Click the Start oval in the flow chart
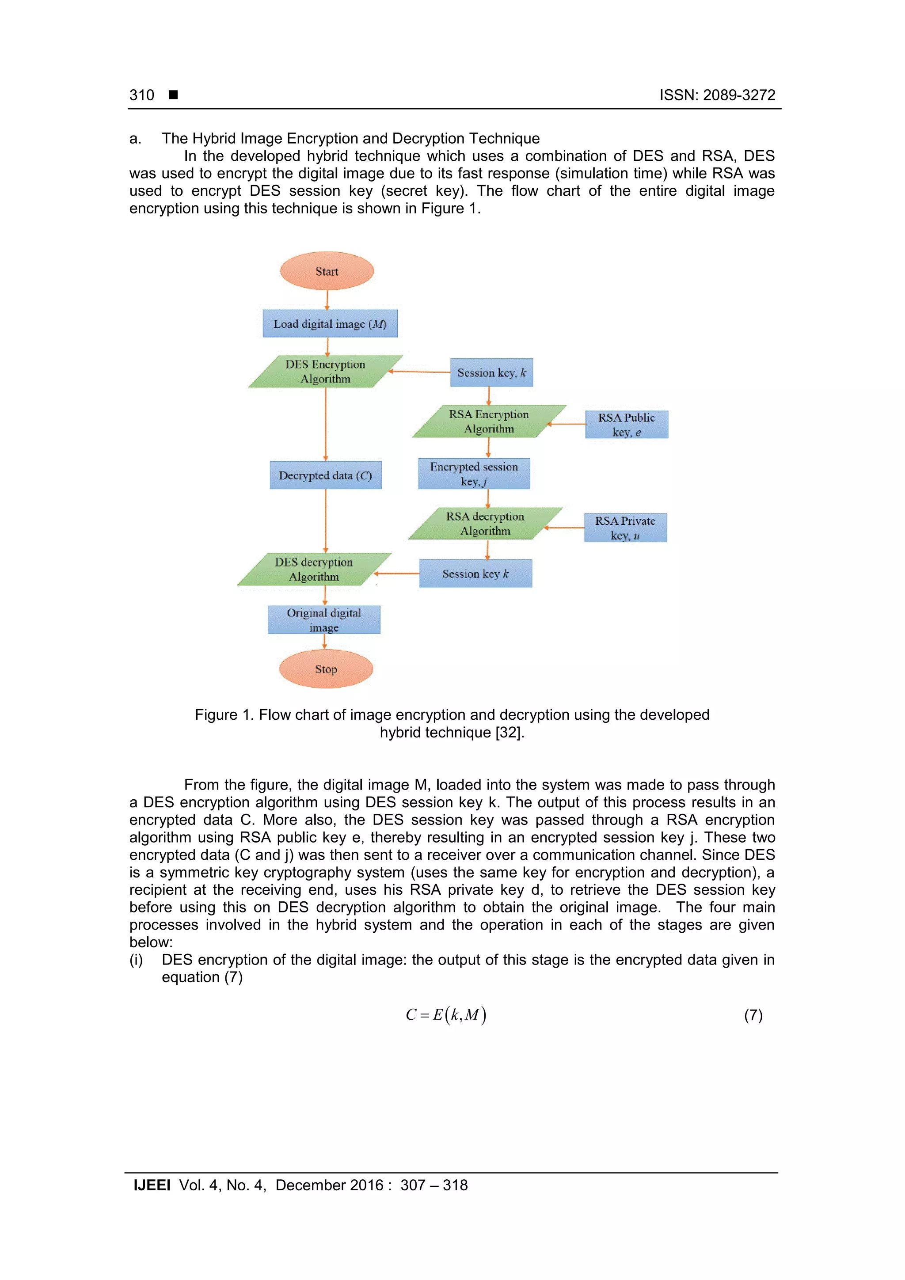pos(327,271)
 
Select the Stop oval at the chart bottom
pos(326,668)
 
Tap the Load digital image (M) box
pos(330,323)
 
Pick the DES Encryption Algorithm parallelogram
pos(326,371)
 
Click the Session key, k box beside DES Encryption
pos(491,372)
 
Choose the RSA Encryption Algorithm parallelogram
pos(489,421)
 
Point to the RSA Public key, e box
pos(626,424)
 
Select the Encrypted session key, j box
pos(474,473)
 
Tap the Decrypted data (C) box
pos(326,475)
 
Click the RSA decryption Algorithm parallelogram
pos(485,523)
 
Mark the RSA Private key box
pos(625,528)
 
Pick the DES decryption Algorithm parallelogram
pos(314,569)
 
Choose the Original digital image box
pos(324,619)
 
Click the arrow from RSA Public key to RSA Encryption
pos(566,424)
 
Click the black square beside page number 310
pos(173,95)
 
